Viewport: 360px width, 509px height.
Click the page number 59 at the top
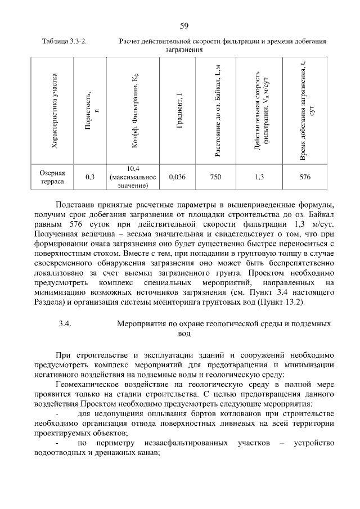click(x=183, y=25)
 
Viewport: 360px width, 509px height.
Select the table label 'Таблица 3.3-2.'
click(x=67, y=42)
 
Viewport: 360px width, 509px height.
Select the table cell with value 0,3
click(x=90, y=177)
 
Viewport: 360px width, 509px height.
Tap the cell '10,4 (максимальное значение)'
click(x=133, y=177)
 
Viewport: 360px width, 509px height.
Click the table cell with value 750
click(x=215, y=177)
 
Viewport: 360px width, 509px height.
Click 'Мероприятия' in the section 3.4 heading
click(x=141, y=324)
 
